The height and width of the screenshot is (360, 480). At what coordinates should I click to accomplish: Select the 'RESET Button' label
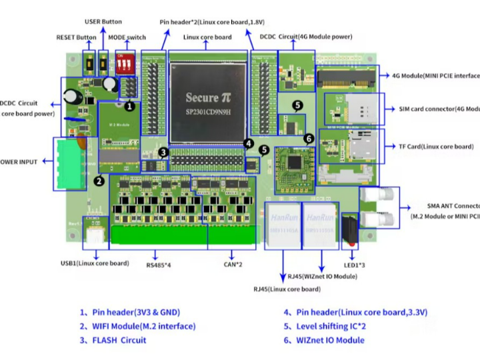pyautogui.click(x=76, y=37)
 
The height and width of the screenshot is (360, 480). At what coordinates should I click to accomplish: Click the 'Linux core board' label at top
pyautogui.click(x=207, y=37)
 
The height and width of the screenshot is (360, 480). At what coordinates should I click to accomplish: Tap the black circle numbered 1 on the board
pyautogui.click(x=129, y=105)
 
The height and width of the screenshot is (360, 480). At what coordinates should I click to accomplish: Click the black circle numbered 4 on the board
pyautogui.click(x=248, y=142)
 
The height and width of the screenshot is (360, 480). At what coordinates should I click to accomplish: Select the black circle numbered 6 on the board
pyautogui.click(x=308, y=138)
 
